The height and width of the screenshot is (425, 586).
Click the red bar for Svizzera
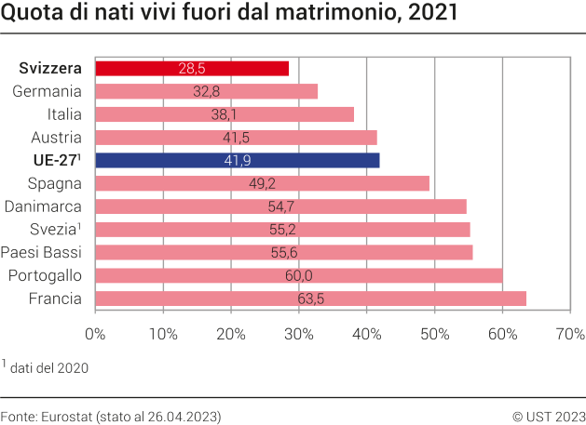click(x=192, y=69)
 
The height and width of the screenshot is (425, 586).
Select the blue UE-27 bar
click(x=238, y=160)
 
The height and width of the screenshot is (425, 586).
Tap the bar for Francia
click(x=310, y=299)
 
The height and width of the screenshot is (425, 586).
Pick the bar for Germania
click(x=206, y=91)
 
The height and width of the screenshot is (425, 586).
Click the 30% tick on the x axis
click(x=299, y=333)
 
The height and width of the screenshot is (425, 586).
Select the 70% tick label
click(x=569, y=333)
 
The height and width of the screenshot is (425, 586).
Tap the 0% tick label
click(x=96, y=333)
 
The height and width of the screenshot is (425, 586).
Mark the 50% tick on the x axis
click(x=434, y=333)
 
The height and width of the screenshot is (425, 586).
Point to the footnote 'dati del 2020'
click(x=48, y=368)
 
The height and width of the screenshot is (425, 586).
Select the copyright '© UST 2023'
click(x=549, y=415)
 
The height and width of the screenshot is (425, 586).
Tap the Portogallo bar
click(x=298, y=275)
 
